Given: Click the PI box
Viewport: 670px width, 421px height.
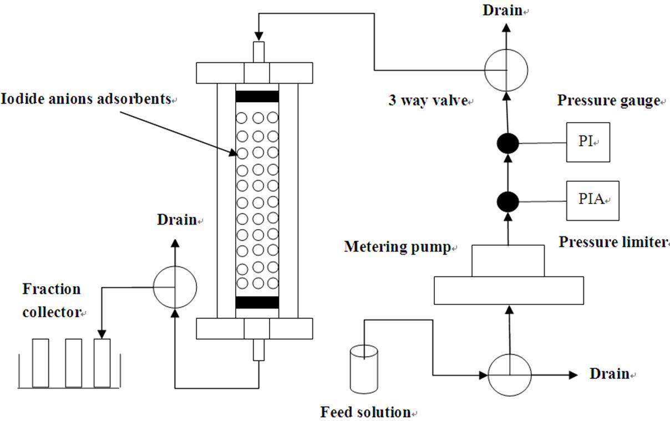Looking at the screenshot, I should (x=588, y=142).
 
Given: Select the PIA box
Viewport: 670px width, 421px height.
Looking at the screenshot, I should (x=592, y=200).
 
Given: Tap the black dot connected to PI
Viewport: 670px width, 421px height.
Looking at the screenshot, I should (x=507, y=144).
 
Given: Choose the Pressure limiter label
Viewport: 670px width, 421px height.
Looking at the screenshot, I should (x=612, y=242).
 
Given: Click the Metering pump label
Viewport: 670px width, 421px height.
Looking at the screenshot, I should (x=397, y=246).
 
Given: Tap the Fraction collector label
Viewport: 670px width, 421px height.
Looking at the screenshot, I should (x=52, y=301).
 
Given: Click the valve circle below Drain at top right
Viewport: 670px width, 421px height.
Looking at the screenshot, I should (x=506, y=70).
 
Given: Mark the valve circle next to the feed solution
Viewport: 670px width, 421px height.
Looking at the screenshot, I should (x=509, y=374).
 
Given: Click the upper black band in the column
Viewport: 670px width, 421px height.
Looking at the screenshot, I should (x=257, y=97).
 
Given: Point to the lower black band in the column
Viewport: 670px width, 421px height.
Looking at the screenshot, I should (x=257, y=302).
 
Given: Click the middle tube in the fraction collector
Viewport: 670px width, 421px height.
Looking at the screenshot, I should (x=74, y=363).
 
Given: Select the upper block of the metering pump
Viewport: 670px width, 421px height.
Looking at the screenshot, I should (x=507, y=261).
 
